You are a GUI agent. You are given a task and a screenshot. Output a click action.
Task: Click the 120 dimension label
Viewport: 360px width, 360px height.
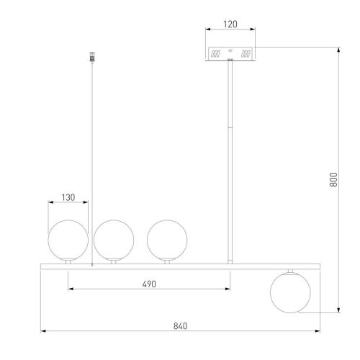(230, 24)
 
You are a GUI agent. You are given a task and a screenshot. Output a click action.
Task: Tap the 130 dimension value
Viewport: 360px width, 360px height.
(68, 197)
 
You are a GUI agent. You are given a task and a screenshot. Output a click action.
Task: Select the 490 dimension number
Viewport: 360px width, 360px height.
(149, 284)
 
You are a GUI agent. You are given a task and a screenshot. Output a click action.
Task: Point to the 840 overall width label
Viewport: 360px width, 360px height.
(180, 326)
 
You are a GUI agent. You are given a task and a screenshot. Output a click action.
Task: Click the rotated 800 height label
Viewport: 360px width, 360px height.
(333, 179)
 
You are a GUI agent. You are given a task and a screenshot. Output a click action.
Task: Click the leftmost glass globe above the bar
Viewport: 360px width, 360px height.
(68, 240)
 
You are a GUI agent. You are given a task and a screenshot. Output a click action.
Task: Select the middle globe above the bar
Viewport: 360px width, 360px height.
(114, 240)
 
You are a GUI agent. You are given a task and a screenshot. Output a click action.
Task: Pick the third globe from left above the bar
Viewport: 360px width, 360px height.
(167, 240)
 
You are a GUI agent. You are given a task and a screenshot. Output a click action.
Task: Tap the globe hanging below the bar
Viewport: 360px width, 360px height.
(290, 292)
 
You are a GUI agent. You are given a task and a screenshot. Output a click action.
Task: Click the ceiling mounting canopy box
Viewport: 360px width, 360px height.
(230, 54)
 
